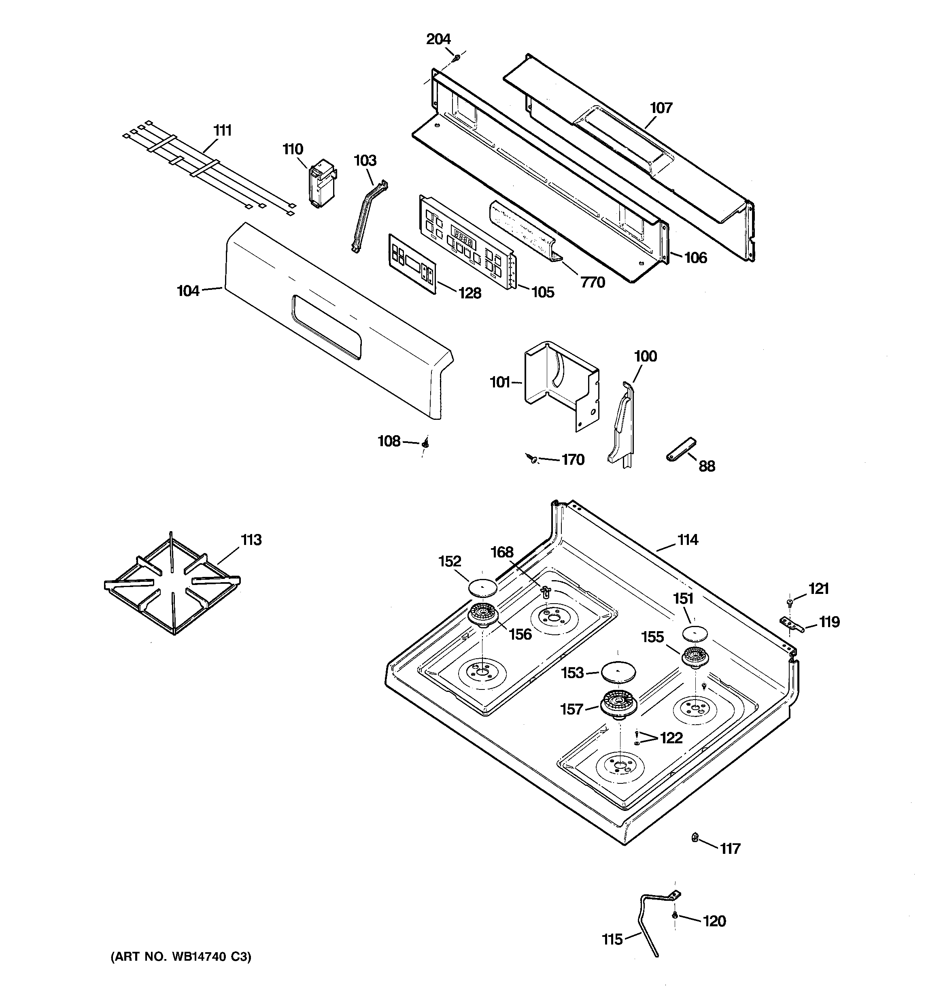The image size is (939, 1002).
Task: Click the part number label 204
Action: tap(438, 39)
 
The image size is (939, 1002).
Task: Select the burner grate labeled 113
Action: tap(172, 585)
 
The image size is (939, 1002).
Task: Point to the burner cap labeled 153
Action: tap(618, 672)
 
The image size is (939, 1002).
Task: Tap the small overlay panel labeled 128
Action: tap(412, 263)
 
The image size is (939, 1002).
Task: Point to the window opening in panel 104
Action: tap(326, 327)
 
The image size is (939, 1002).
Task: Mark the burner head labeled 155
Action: tap(696, 657)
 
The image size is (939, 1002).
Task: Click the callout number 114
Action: tap(688, 540)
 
